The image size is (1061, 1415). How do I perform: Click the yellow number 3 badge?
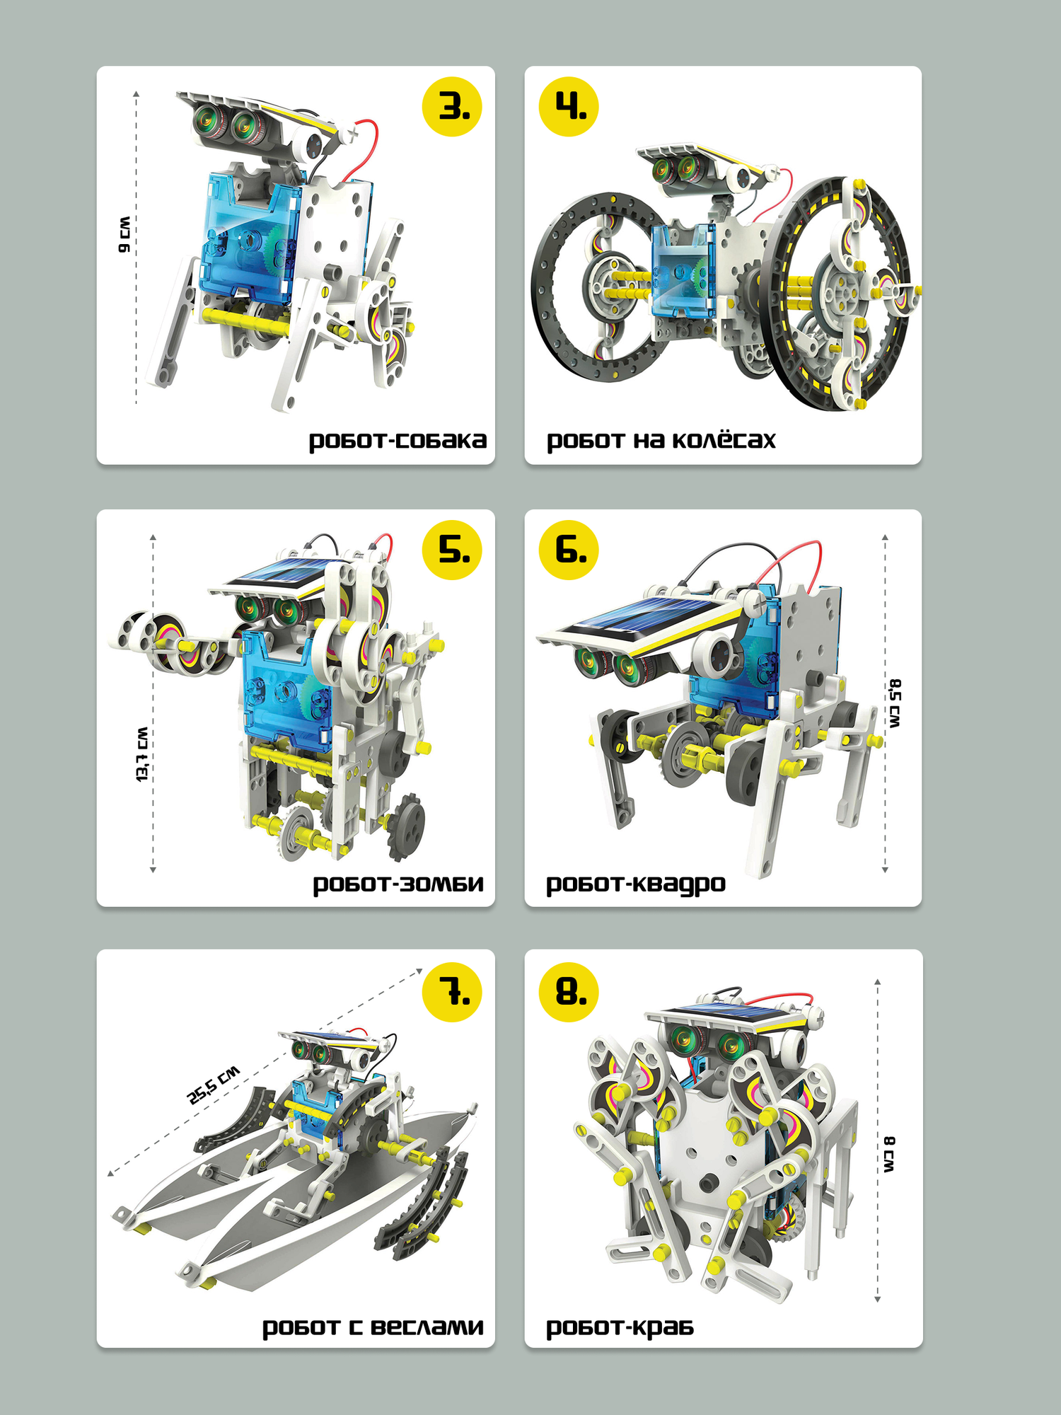coord(452,107)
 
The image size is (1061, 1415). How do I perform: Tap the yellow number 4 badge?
coord(569,107)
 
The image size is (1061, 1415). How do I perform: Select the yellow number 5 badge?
coord(452,550)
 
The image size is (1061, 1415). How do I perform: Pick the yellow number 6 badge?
coord(569,550)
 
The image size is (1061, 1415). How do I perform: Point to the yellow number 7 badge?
coord(452,992)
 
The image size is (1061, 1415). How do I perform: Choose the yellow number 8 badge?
coord(569,992)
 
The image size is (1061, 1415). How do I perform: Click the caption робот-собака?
coord(398,441)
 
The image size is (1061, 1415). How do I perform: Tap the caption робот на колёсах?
coord(661,440)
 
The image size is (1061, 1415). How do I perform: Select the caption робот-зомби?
coord(398,884)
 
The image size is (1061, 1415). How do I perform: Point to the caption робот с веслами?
coord(373,1327)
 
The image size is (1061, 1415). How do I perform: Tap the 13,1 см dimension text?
coord(142,754)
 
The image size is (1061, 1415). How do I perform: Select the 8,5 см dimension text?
coord(895,703)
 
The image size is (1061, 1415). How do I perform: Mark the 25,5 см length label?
coord(213,1085)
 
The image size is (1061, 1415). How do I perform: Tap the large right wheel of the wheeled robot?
coord(845,294)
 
